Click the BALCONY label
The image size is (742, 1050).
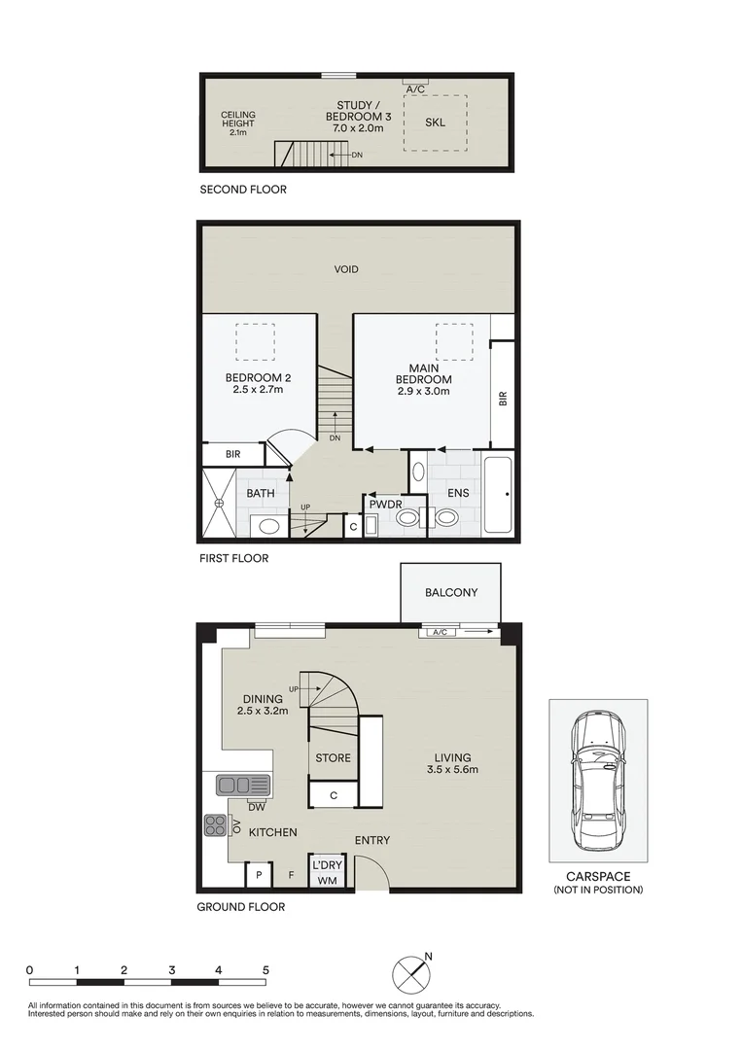pyautogui.click(x=451, y=593)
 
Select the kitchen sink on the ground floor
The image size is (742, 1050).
pyautogui.click(x=243, y=785)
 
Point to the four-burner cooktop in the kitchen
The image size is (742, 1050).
pyautogui.click(x=216, y=825)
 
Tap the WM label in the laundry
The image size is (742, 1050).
pyautogui.click(x=328, y=880)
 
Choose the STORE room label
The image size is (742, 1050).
pyautogui.click(x=333, y=758)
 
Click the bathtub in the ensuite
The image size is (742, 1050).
pyautogui.click(x=498, y=496)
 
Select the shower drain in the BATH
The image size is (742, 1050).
pyautogui.click(x=218, y=503)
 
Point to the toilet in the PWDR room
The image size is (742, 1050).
pyautogui.click(x=407, y=517)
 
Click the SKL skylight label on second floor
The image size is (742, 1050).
pyautogui.click(x=436, y=122)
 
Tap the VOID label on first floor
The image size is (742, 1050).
pyautogui.click(x=346, y=269)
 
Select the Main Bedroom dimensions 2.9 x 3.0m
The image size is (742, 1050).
pyautogui.click(x=423, y=391)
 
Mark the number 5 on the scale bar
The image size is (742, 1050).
pyautogui.click(x=265, y=970)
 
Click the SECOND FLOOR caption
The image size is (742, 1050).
pyautogui.click(x=243, y=190)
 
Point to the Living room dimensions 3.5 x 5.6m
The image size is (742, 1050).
pyautogui.click(x=453, y=769)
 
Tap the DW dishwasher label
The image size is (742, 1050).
pyautogui.click(x=257, y=808)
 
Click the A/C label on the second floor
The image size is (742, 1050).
pyautogui.click(x=416, y=89)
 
